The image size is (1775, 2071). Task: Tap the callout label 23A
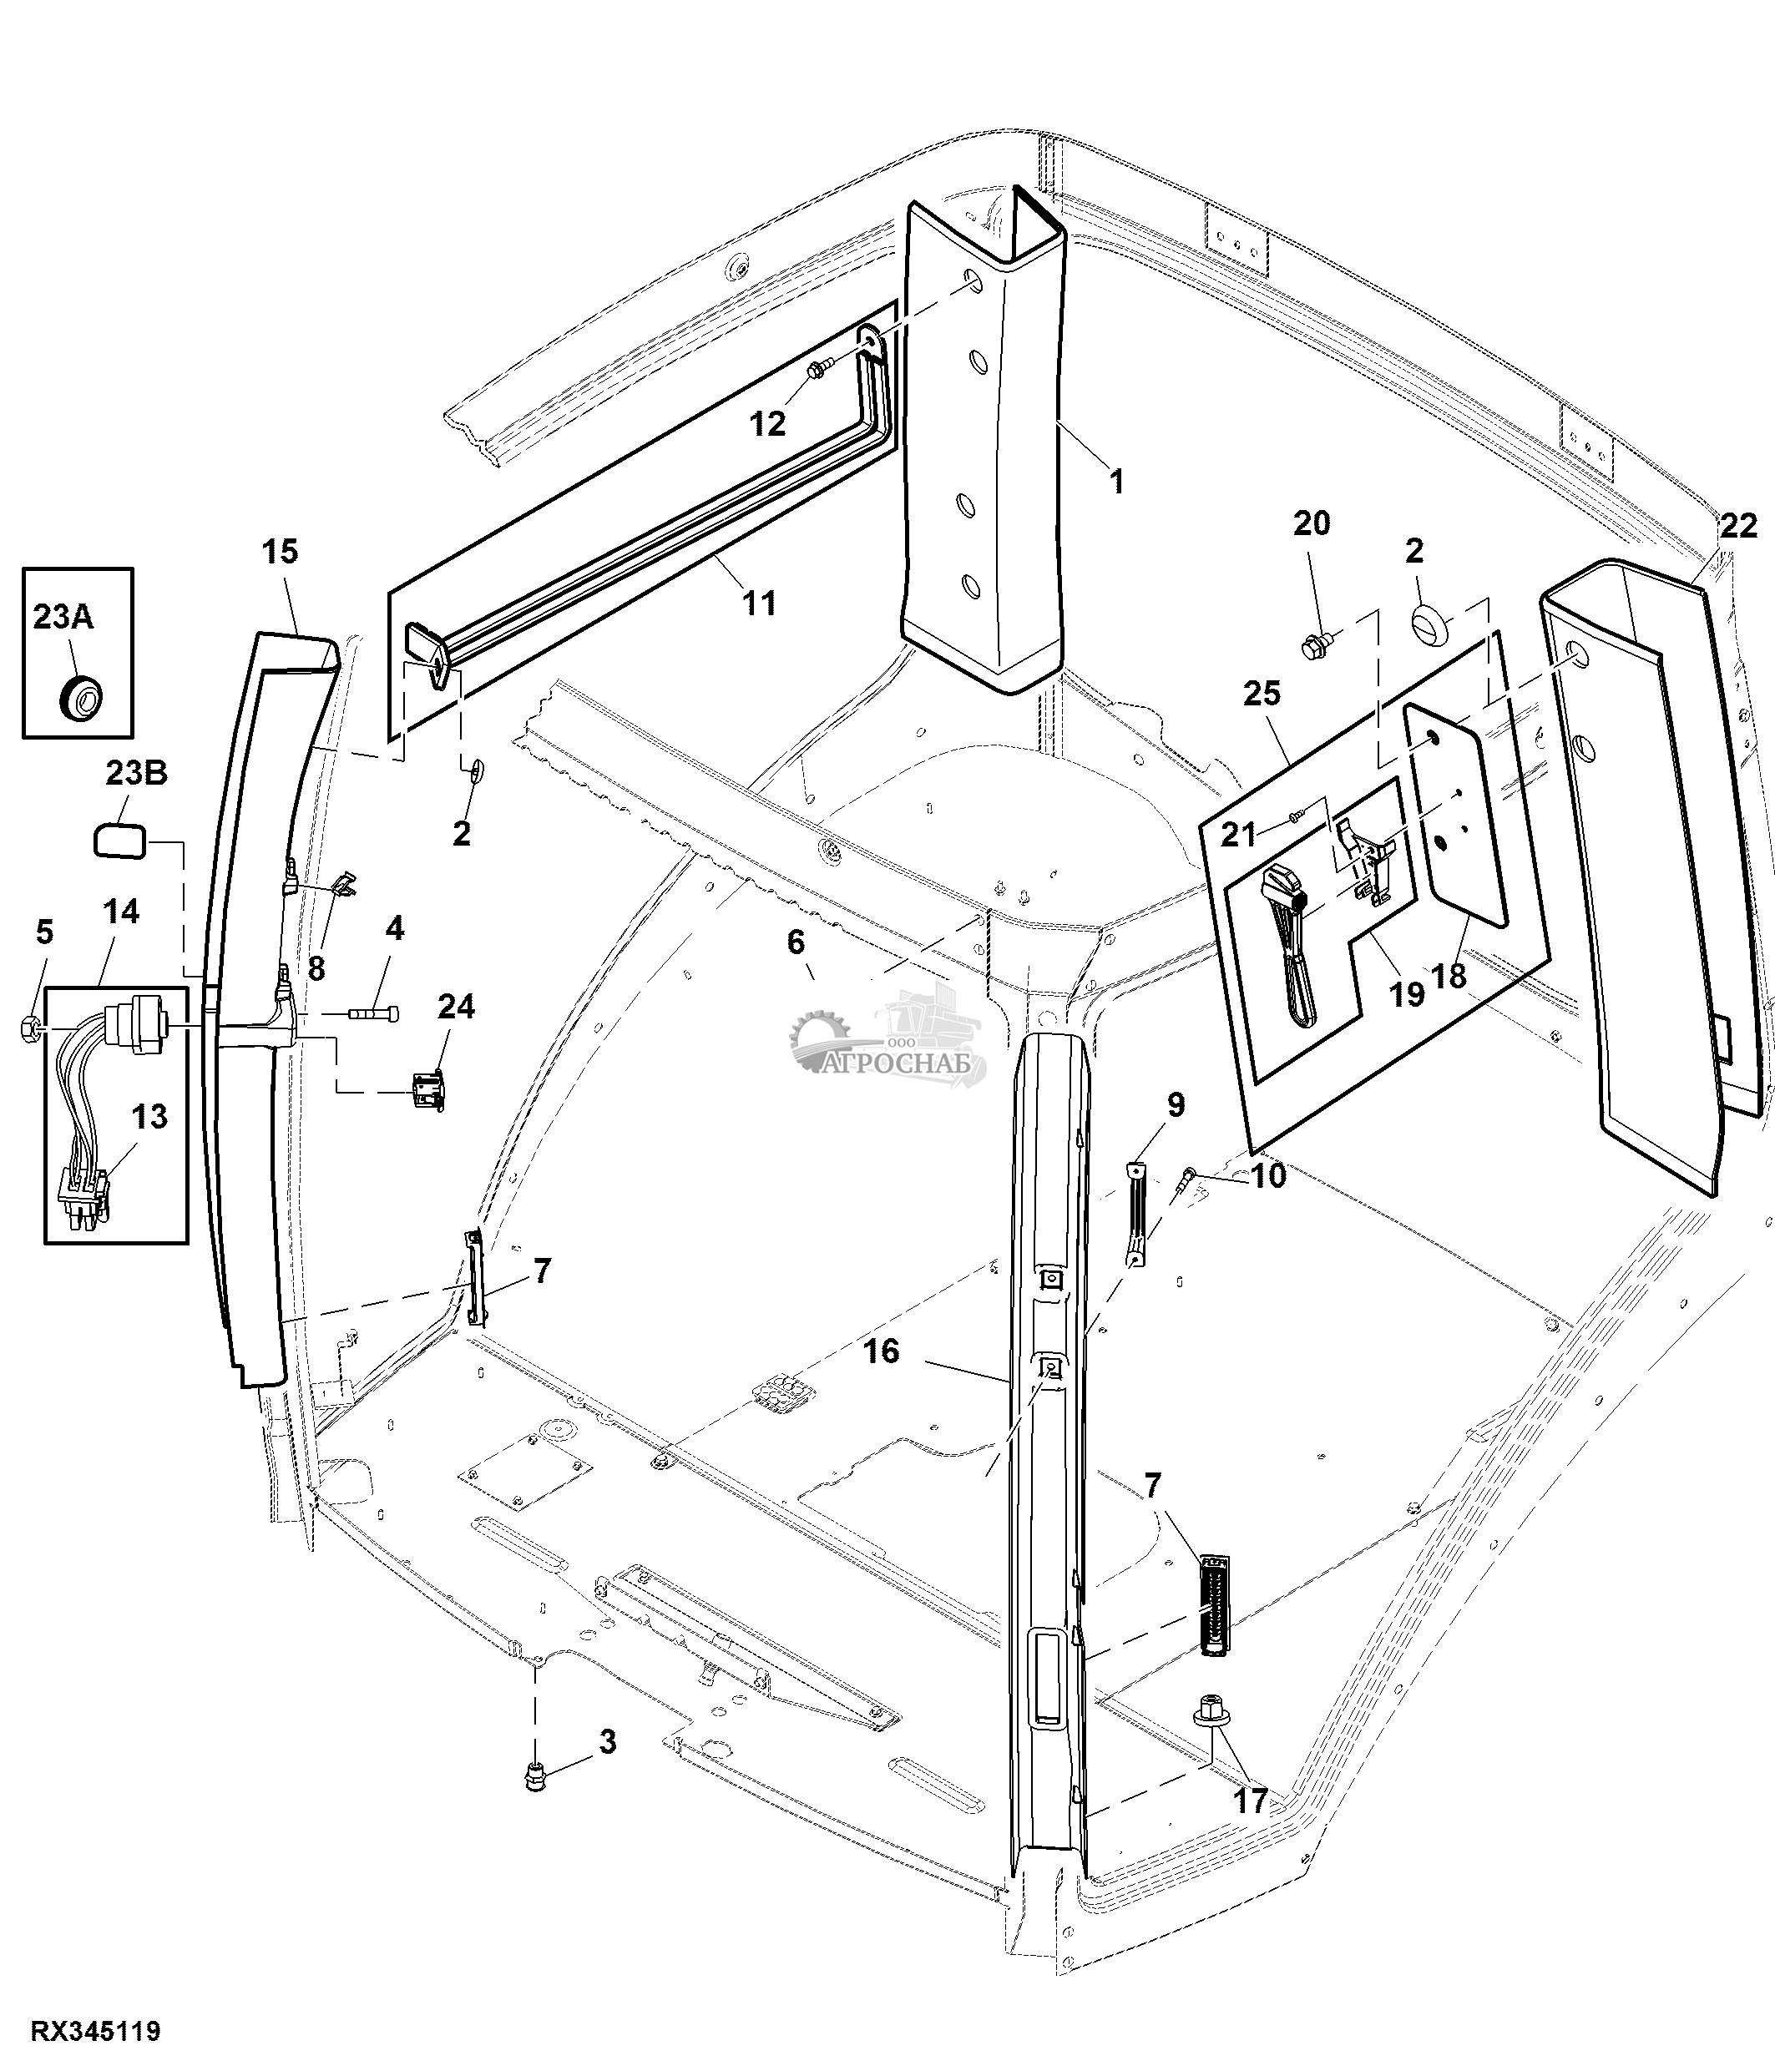point(63,617)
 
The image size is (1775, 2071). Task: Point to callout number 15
point(281,551)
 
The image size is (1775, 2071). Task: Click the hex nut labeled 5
point(30,1026)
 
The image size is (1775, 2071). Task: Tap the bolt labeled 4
point(375,1014)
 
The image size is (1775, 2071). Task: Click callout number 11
point(759,603)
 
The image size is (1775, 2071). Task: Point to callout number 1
point(1117,482)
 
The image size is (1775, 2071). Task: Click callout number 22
point(1738,526)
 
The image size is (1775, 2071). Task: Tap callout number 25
point(1262,693)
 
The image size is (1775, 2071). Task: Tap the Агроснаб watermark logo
point(889,1039)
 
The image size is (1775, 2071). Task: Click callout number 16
point(881,1351)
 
